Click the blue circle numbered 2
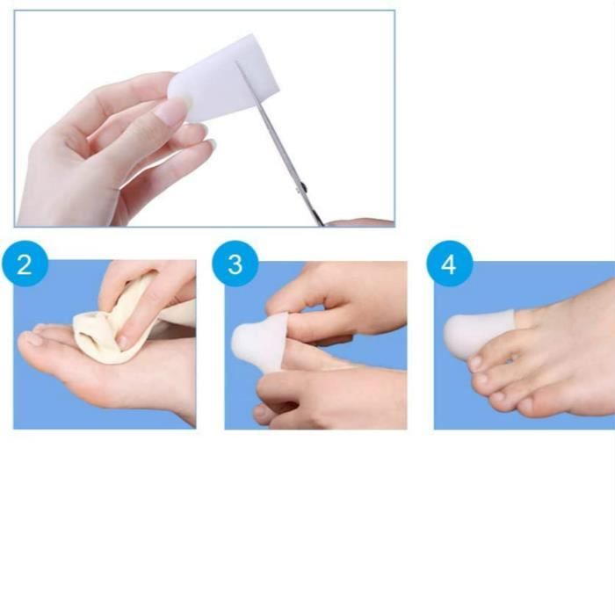25,264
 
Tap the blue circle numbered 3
235,264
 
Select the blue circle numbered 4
450,264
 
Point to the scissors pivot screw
302,189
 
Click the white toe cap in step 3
259,342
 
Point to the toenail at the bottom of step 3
260,412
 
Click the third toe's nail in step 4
481,379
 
